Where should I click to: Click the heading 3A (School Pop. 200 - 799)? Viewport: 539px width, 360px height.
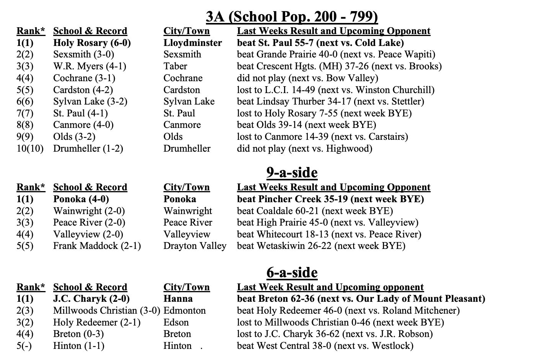coord(292,16)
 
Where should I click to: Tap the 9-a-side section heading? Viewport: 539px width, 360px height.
coord(292,173)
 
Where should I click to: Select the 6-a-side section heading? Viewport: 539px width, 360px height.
coord(292,273)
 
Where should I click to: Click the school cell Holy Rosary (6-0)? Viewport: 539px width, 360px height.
coord(92,43)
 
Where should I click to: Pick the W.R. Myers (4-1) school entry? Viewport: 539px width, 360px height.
coord(90,66)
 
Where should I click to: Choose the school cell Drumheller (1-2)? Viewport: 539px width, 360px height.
coord(88,148)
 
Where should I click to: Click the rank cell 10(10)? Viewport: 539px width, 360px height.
coord(30,148)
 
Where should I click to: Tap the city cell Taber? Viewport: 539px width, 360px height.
coord(175,66)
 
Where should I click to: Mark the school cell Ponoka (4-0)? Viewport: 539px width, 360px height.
coord(81,199)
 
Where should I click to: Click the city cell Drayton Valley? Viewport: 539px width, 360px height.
coord(195,246)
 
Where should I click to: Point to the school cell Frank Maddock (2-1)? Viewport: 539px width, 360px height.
coord(97,246)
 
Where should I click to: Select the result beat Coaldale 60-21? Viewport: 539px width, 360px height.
coord(315,211)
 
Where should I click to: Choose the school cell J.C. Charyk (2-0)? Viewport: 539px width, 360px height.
coord(91,299)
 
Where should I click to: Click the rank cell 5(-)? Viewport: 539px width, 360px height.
coord(25,346)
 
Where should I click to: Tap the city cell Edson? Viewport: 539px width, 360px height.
coord(176,322)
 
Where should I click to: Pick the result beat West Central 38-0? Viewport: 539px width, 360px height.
coord(325,346)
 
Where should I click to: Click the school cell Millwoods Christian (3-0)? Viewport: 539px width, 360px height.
coord(106,311)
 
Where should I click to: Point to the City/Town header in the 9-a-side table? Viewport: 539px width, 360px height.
coord(186,187)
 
